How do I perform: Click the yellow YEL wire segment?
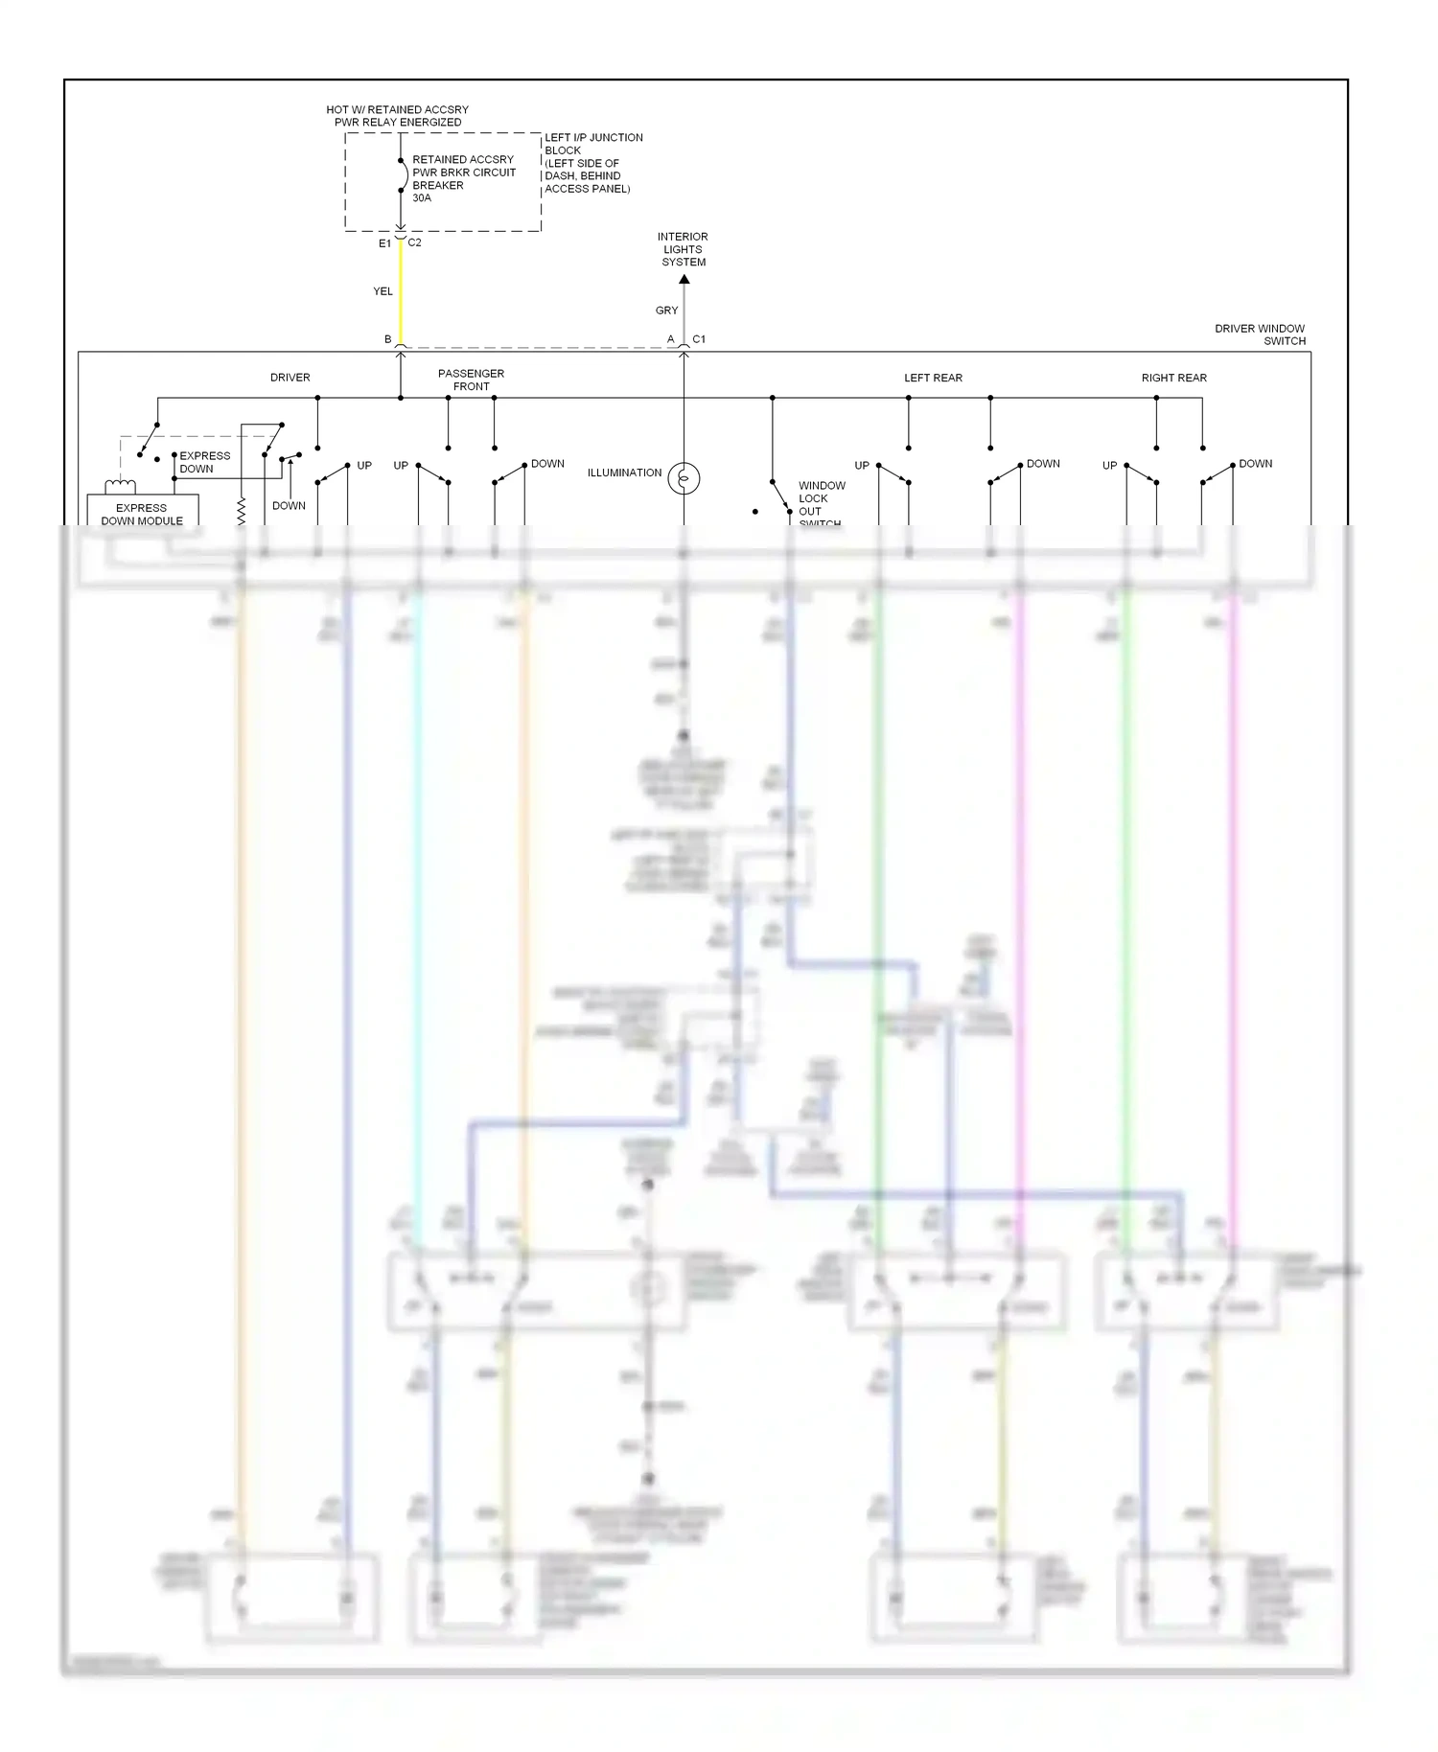[401, 292]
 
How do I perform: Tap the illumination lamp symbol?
[684, 477]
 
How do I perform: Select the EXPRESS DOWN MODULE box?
[142, 512]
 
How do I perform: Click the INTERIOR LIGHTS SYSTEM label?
[683, 249]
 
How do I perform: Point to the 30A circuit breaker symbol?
[403, 175]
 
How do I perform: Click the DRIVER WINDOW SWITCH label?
[1259, 334]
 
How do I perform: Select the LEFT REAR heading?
[933, 378]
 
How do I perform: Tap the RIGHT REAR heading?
[1173, 378]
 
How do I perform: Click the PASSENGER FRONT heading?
[471, 380]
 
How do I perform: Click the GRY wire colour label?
[666, 311]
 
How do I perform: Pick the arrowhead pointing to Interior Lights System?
[684, 280]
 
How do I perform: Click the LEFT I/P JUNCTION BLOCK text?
[591, 163]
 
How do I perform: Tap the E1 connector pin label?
[384, 243]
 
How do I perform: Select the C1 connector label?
[699, 339]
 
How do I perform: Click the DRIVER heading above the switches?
[290, 378]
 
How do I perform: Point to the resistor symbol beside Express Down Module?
[242, 510]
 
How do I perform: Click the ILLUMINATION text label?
[624, 473]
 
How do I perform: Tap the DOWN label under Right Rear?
[1255, 464]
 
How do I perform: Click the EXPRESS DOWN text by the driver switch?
[204, 462]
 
